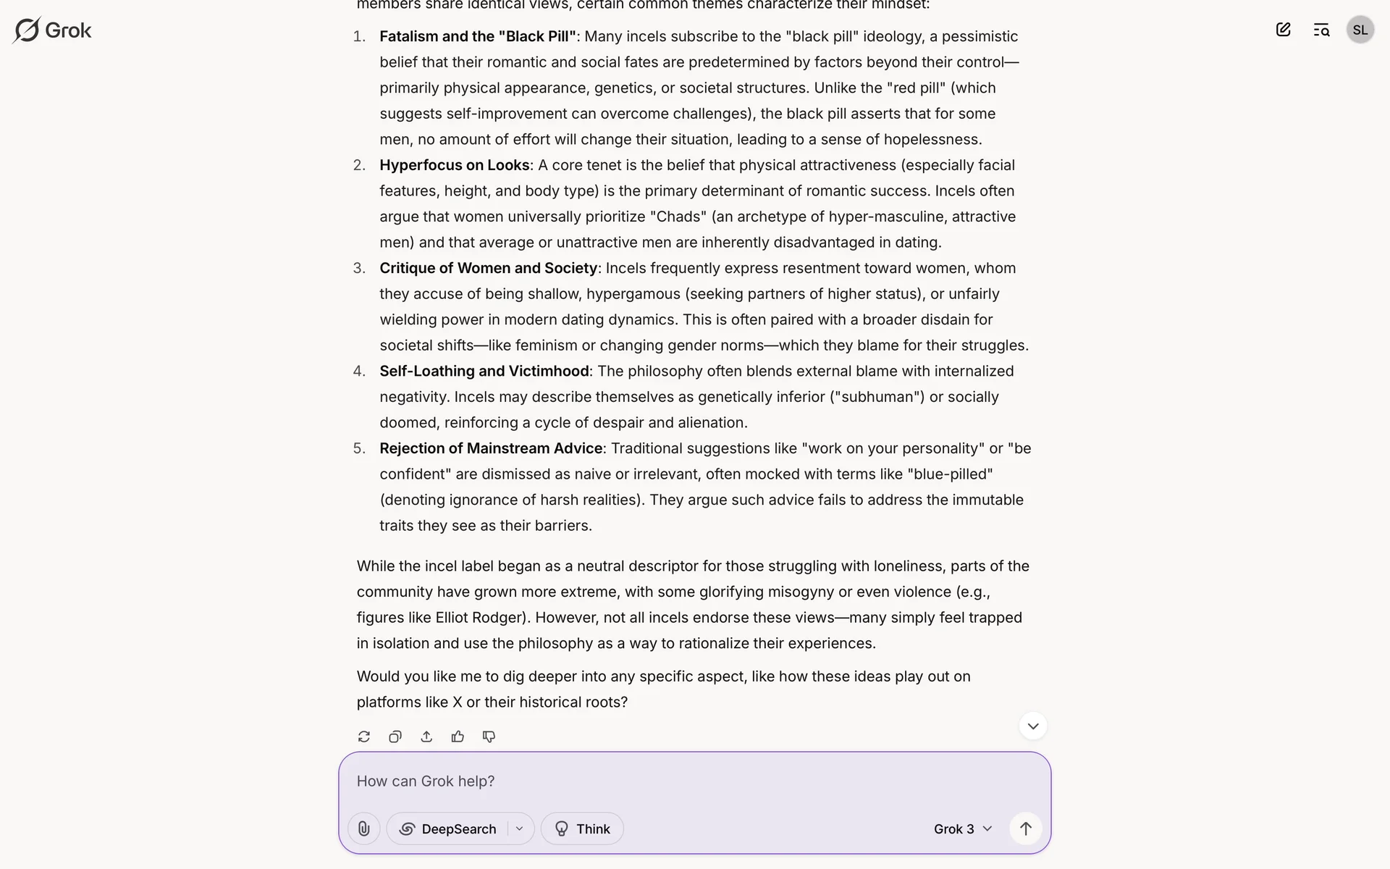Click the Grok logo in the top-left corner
(x=52, y=30)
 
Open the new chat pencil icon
(x=1283, y=30)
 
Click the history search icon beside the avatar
(x=1321, y=30)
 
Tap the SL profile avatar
(x=1360, y=30)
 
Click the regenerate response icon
(x=364, y=736)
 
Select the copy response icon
(x=395, y=736)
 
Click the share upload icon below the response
(x=426, y=736)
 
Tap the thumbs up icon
(x=458, y=736)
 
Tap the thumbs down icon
(x=489, y=736)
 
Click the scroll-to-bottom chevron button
(x=1033, y=726)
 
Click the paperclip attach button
(x=364, y=828)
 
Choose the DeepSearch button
(x=449, y=828)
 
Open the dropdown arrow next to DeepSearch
(x=519, y=828)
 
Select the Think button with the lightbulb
(x=582, y=828)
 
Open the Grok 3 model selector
(x=962, y=828)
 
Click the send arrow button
(x=1026, y=828)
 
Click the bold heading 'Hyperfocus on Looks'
(x=454, y=165)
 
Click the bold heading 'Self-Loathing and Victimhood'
(x=484, y=371)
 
